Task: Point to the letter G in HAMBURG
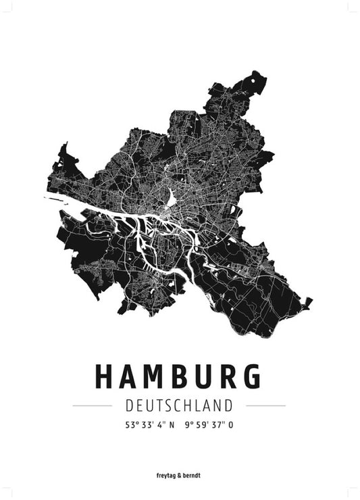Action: (x=251, y=378)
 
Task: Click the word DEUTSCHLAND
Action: (x=179, y=405)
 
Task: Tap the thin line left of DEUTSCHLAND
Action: (x=92, y=405)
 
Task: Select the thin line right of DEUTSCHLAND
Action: (x=265, y=405)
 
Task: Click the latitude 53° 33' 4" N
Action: (x=149, y=426)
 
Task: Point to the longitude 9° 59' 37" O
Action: (x=211, y=426)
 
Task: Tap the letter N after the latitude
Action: (x=171, y=426)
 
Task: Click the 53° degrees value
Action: (x=130, y=426)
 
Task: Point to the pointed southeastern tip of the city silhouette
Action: (x=310, y=300)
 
